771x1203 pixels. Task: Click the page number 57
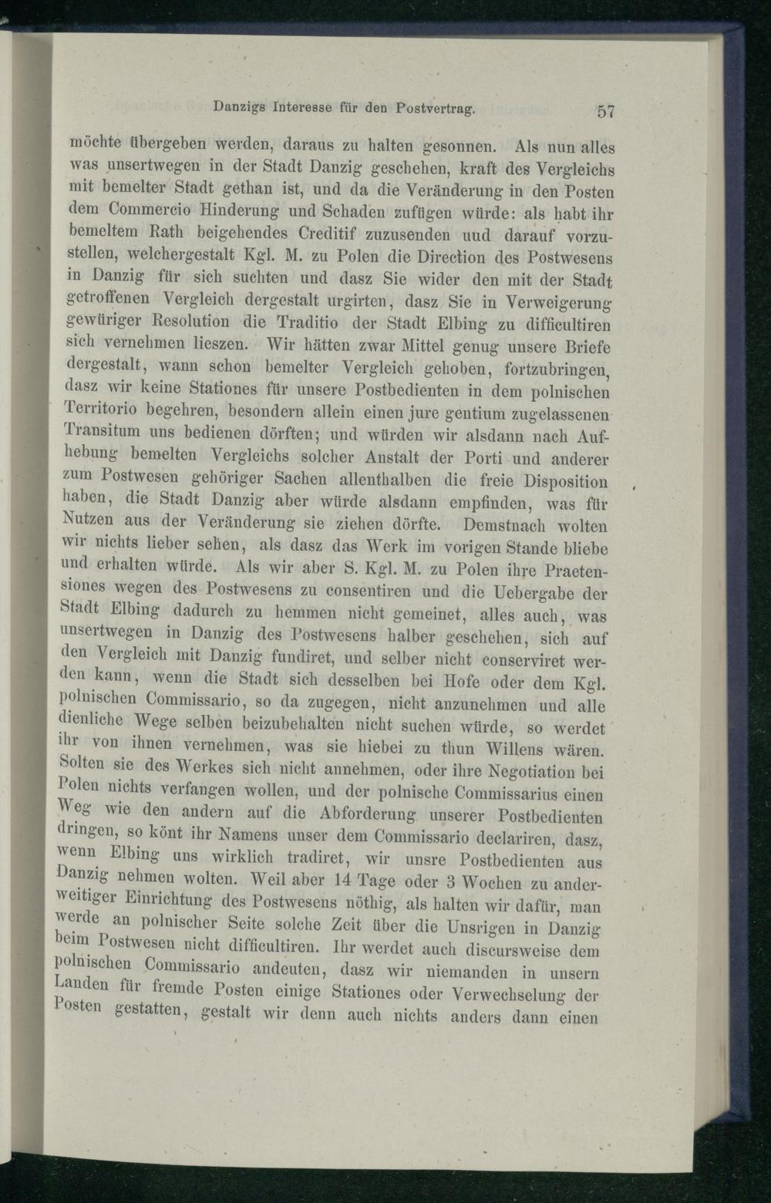[x=604, y=110]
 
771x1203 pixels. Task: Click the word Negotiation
[x=539, y=772]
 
